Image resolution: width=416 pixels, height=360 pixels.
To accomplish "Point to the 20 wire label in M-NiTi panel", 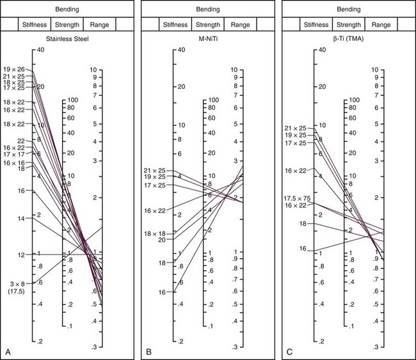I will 161,240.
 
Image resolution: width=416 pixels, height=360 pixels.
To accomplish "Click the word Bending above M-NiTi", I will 207,10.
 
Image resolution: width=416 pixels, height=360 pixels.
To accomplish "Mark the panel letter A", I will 7,352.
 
